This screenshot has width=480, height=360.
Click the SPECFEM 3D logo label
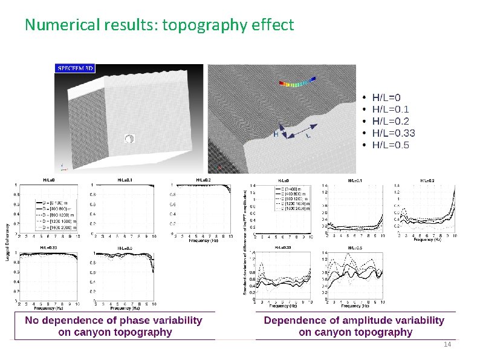pyautogui.click(x=76, y=68)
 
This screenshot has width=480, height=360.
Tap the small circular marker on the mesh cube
pyautogui.click(x=129, y=139)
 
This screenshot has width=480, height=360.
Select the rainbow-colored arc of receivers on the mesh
pyautogui.click(x=297, y=84)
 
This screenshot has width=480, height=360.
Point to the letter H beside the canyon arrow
pyautogui.click(x=276, y=134)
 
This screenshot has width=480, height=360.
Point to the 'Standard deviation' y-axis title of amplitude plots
pyautogui.click(x=245, y=242)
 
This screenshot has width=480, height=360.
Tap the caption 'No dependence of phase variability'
pyautogui.click(x=114, y=320)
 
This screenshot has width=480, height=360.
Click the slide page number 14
pyautogui.click(x=447, y=344)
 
